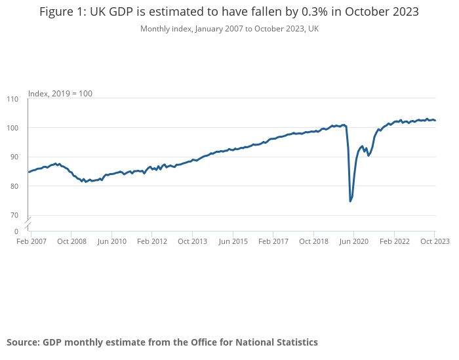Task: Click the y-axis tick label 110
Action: (12, 99)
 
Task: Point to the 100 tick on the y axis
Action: (12, 128)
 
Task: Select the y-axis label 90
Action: (14, 157)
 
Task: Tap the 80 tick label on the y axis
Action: (14, 186)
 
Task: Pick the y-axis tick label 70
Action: (14, 215)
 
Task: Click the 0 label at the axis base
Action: (16, 231)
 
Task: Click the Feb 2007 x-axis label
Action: (31, 241)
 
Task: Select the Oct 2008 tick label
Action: (71, 241)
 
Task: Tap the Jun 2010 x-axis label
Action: (112, 241)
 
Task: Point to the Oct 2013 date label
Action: (192, 241)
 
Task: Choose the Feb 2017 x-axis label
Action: (273, 241)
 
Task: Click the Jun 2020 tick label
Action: (354, 241)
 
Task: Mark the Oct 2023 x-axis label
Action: (435, 241)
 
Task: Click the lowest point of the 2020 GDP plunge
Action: (350, 201)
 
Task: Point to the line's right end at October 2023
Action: (435, 120)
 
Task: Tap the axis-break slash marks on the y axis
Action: (28, 223)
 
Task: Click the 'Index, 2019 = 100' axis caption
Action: (60, 94)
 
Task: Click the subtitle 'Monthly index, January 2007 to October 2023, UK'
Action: (229, 29)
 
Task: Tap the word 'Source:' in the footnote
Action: (23, 342)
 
